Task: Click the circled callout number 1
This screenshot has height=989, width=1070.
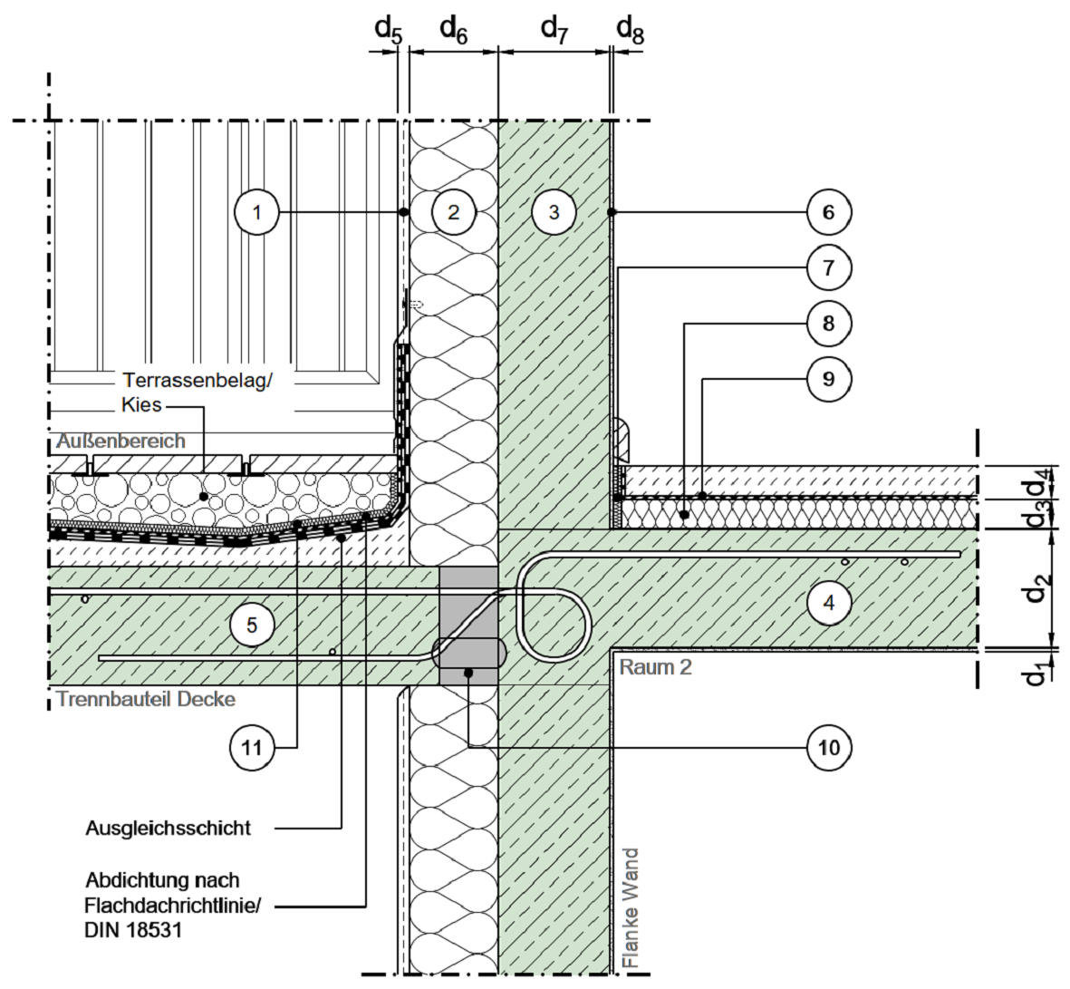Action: point(256,212)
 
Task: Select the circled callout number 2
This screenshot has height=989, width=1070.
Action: point(454,212)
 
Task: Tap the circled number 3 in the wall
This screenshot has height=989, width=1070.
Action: point(554,212)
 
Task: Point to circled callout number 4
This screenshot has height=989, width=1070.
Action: point(828,602)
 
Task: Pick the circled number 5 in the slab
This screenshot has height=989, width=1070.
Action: point(252,625)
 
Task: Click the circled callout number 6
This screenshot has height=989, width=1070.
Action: point(828,212)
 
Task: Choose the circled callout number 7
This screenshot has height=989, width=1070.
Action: point(828,267)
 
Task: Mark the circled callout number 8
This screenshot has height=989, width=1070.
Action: point(828,322)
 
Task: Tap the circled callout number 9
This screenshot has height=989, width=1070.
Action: point(828,377)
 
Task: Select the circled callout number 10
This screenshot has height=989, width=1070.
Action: point(828,747)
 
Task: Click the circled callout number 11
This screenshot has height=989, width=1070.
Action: point(252,747)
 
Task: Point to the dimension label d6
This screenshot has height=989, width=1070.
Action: point(454,29)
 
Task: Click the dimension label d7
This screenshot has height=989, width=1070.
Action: point(554,29)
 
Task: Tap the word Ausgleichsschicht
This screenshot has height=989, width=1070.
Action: point(169,829)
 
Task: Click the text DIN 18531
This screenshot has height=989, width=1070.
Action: point(134,929)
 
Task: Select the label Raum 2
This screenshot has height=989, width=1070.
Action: point(655,667)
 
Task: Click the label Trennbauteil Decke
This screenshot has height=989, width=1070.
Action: point(146,699)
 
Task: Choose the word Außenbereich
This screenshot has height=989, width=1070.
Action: point(120,441)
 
